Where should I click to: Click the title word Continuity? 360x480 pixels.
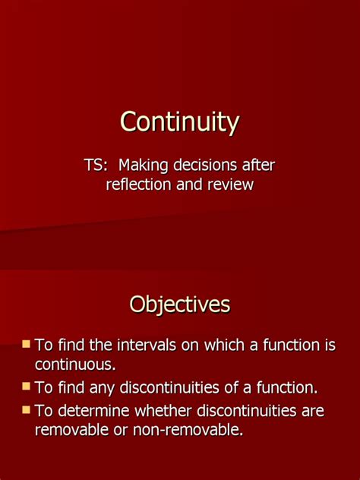click(179, 122)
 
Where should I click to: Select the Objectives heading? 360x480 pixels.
click(179, 305)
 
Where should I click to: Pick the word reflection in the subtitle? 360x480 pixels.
click(139, 185)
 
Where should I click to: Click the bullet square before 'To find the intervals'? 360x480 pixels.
click(27, 344)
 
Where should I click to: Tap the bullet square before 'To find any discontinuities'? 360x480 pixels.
click(27, 387)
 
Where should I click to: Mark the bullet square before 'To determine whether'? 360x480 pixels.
click(27, 410)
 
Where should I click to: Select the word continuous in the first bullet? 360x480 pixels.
click(74, 365)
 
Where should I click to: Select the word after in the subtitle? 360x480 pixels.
click(258, 166)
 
